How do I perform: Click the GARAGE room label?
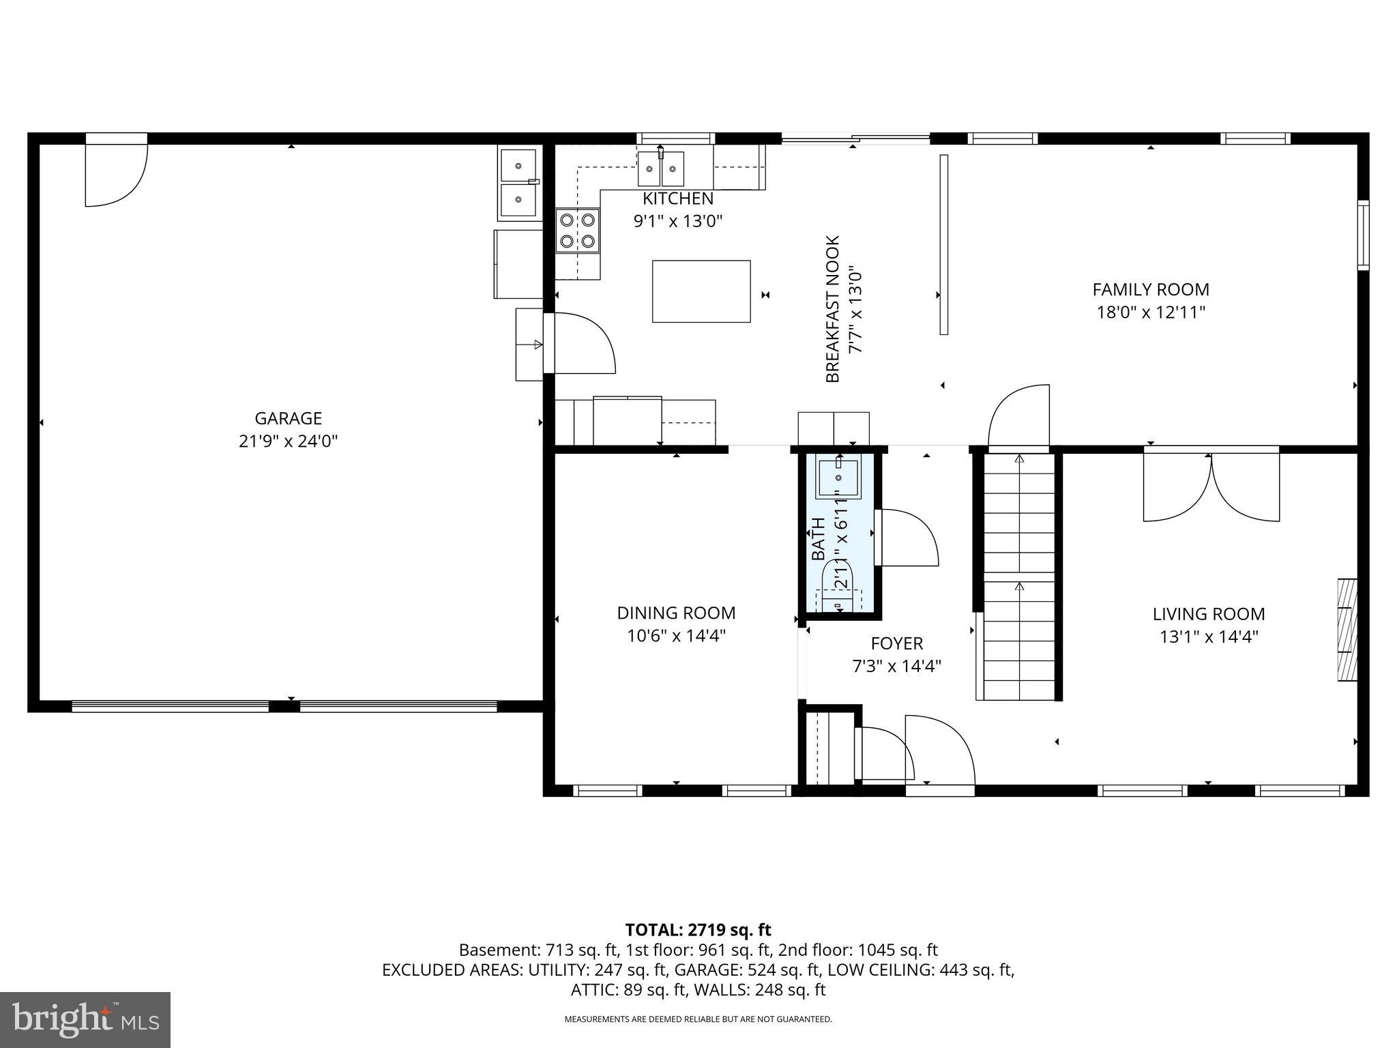pos(288,418)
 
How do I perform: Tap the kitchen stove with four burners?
pos(577,231)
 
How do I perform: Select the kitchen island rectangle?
pos(701,291)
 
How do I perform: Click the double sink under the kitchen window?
pos(660,169)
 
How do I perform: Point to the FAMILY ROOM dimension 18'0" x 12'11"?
pos(1150,312)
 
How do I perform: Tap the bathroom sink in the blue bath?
pos(838,477)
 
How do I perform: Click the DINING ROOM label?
pos(676,613)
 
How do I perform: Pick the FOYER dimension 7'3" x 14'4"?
pos(896,666)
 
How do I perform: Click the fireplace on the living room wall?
pos(1347,630)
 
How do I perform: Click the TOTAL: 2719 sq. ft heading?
pos(698,929)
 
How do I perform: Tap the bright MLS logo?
pos(85,1019)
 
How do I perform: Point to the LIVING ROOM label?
pos(1208,614)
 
